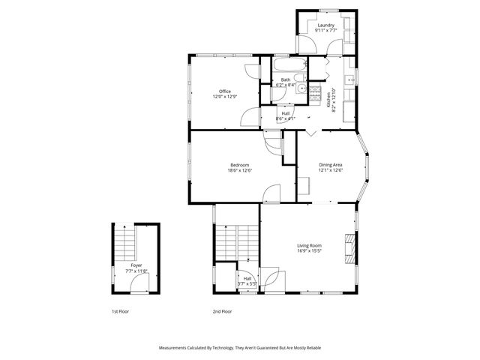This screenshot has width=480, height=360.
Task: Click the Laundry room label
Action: (325, 25)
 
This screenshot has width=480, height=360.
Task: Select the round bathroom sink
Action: (301, 88)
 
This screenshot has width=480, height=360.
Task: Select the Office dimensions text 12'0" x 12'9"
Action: (224, 96)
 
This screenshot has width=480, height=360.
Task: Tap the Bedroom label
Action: (239, 165)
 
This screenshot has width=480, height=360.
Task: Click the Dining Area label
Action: (331, 165)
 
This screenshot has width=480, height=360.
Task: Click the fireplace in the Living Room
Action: (349, 248)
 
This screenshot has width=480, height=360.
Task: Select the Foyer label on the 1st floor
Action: (136, 265)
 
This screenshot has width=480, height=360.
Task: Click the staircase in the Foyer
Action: (126, 242)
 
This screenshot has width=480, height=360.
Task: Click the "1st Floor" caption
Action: (120, 311)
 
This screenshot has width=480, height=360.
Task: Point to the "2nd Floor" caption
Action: (222, 311)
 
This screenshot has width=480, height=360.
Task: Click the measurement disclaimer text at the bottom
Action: (239, 348)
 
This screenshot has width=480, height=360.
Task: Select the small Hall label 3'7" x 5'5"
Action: (247, 281)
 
